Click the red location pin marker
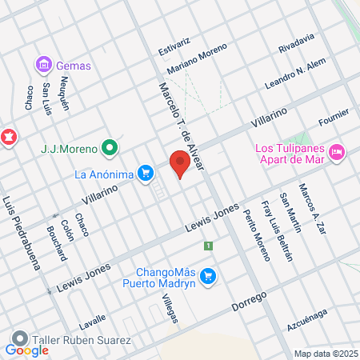click(180, 164)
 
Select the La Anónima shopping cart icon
click(145, 173)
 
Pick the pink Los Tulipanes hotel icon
click(337, 150)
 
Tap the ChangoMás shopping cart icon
click(208, 276)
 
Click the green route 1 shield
click(208, 246)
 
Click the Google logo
click(26, 350)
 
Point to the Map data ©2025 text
click(325, 354)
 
